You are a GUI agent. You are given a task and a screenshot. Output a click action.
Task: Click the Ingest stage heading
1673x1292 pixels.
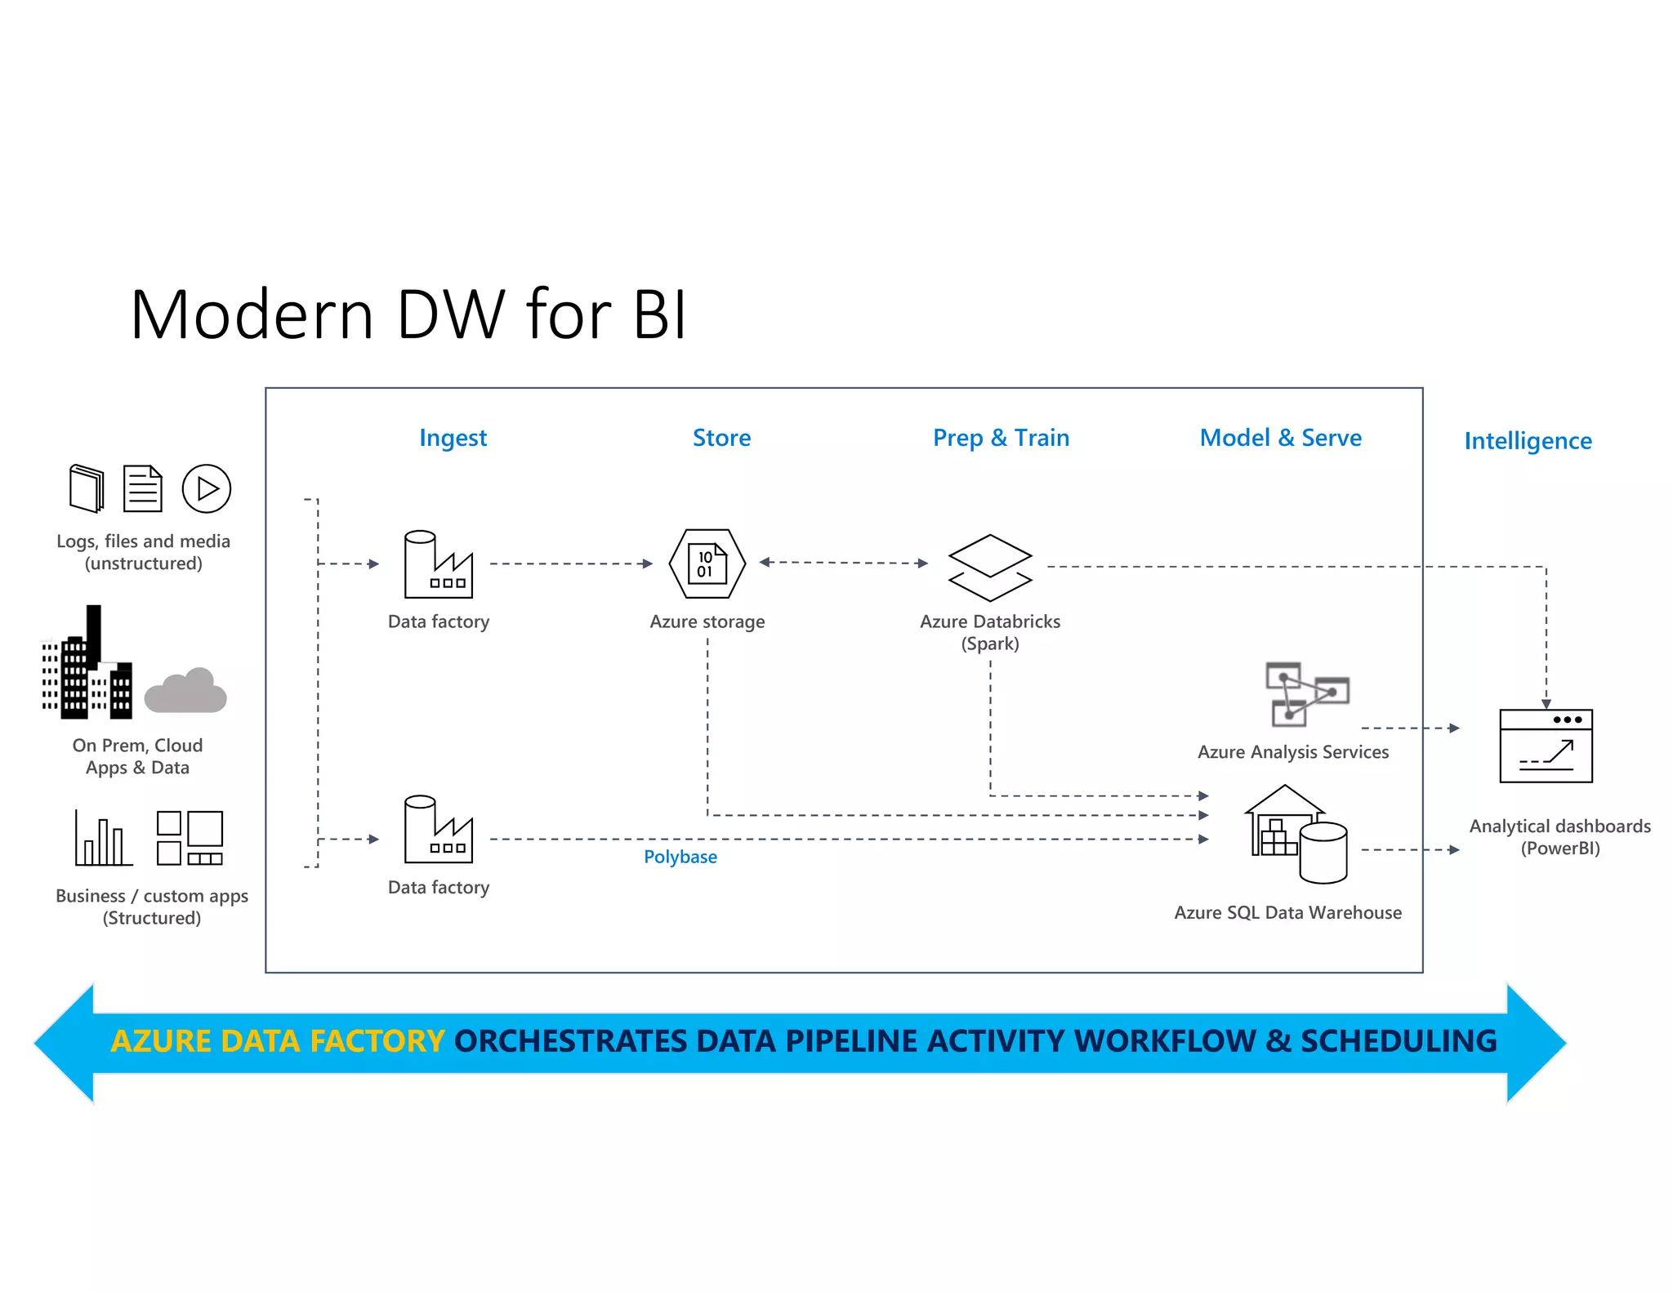(x=453, y=439)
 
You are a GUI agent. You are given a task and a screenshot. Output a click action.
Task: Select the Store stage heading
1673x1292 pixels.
(x=721, y=438)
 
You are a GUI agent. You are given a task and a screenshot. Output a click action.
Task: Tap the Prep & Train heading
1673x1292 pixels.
(x=1001, y=438)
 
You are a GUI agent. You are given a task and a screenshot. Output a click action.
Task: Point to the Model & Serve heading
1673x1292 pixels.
(x=1280, y=438)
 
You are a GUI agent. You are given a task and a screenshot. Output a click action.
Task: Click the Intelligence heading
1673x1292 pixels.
(x=1528, y=441)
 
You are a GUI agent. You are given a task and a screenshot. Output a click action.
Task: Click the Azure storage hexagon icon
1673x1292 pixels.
(x=707, y=564)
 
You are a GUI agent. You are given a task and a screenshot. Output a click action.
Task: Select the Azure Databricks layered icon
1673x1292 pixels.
(x=990, y=568)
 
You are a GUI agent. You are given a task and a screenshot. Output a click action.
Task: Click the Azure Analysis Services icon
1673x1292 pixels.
(x=1306, y=694)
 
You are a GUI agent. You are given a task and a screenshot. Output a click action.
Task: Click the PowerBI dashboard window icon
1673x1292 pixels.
(x=1546, y=746)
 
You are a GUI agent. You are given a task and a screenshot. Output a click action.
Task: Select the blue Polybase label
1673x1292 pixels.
(x=680, y=857)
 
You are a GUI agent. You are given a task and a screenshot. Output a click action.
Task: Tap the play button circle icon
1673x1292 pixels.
(x=207, y=488)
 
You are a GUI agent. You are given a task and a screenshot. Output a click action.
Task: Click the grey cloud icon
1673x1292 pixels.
(x=186, y=691)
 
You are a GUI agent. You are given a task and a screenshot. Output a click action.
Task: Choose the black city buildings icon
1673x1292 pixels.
(x=87, y=666)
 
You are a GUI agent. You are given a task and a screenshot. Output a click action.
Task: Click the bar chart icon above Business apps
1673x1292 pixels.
(x=102, y=839)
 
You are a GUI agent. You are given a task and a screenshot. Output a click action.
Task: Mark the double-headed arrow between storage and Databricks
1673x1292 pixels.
(x=843, y=562)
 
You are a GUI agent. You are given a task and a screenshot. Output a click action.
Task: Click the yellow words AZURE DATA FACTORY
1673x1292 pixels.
(x=278, y=1041)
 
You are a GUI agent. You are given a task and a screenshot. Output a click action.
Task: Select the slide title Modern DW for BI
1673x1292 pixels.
(x=408, y=314)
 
